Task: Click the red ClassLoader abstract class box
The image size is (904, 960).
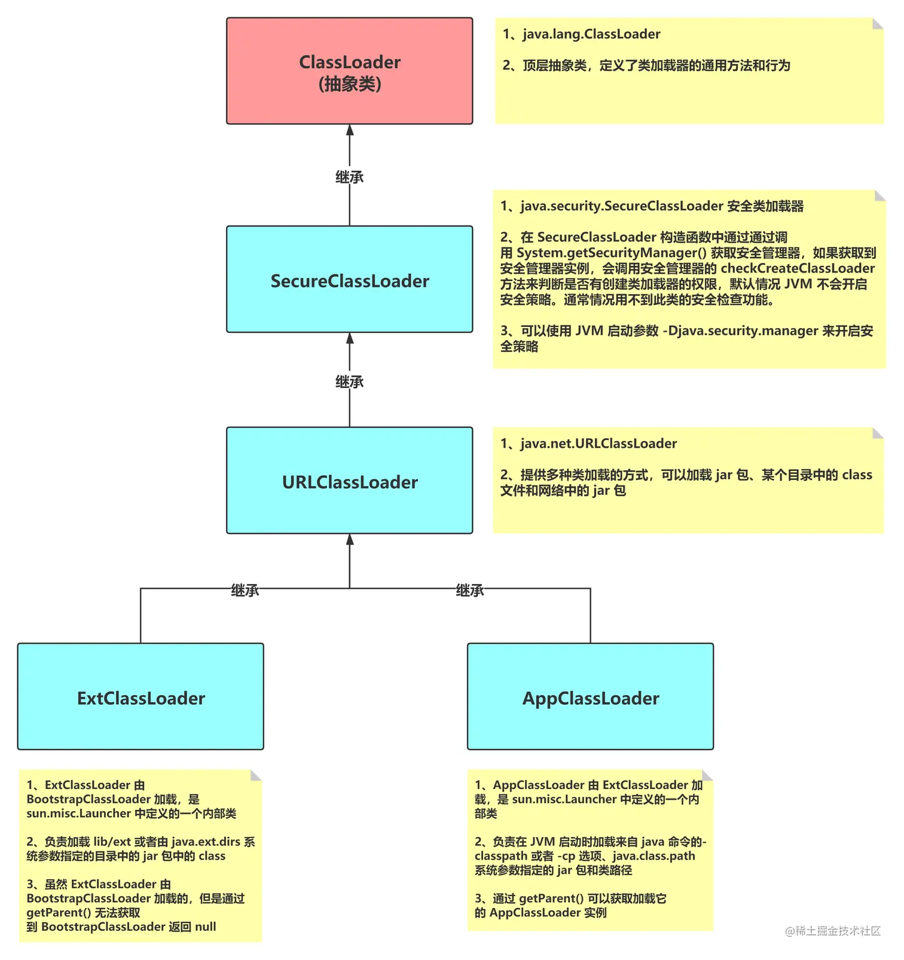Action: click(x=349, y=71)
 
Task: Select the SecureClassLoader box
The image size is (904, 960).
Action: click(x=349, y=279)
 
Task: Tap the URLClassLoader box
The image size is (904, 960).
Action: click(x=349, y=481)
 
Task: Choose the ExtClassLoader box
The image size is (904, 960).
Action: click(x=141, y=697)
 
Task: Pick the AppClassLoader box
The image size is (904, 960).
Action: click(x=590, y=697)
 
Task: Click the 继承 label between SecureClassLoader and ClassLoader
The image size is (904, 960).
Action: click(x=349, y=177)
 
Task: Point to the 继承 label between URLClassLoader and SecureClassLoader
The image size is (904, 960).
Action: click(x=349, y=381)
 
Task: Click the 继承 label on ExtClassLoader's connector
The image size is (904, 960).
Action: click(x=245, y=591)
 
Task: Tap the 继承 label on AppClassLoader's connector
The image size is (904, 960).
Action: click(x=470, y=591)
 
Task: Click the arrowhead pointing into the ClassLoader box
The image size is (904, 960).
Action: click(x=350, y=130)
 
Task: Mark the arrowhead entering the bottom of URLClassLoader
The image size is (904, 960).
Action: click(x=350, y=540)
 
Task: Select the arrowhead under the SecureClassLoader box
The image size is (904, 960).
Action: click(x=350, y=338)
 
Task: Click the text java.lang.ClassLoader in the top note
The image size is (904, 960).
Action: click(x=591, y=34)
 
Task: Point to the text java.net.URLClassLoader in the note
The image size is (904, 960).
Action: click(x=598, y=444)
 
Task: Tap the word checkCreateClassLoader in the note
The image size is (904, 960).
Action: click(x=798, y=268)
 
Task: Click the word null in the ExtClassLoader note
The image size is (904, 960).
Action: click(x=206, y=927)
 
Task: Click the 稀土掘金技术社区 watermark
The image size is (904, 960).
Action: click(x=833, y=931)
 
